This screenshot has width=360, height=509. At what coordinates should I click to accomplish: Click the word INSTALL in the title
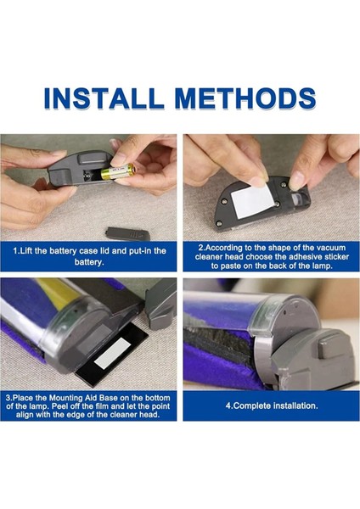(104, 98)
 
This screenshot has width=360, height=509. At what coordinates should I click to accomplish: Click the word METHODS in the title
(245, 98)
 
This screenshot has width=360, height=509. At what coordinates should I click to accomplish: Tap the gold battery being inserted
(118, 171)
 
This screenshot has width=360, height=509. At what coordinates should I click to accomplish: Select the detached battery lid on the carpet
(128, 233)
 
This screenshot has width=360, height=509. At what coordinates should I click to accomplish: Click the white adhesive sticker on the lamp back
(250, 199)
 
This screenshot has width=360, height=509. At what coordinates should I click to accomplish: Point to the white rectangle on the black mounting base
(111, 353)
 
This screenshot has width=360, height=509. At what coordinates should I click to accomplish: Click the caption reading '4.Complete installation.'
(272, 406)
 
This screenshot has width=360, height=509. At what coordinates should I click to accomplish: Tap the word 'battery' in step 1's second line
(88, 262)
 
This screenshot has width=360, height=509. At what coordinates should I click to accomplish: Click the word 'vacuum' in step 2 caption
(331, 248)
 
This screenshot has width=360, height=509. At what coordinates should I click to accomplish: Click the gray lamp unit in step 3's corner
(160, 303)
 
